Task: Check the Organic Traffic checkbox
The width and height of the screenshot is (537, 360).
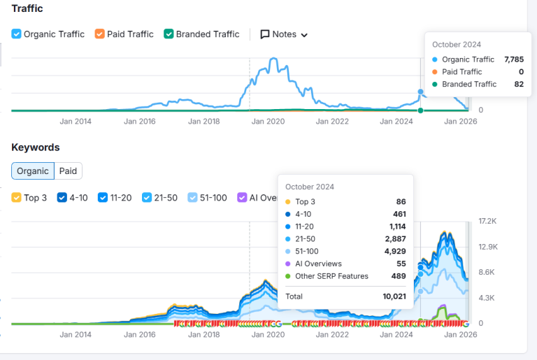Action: point(17,34)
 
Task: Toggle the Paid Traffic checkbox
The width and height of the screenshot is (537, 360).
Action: point(100,34)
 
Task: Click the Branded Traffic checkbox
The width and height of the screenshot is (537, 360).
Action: point(169,34)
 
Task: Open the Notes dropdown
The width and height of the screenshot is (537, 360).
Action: point(284,34)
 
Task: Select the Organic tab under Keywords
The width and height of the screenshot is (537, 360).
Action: point(33,171)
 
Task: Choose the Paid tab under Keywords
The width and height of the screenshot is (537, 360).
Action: point(68,171)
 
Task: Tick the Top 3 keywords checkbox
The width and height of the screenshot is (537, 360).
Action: point(17,198)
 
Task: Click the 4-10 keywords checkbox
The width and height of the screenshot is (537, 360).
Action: point(62,198)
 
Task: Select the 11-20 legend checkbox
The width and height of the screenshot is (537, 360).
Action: point(103,198)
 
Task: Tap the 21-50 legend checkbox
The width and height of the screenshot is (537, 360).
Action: point(147,198)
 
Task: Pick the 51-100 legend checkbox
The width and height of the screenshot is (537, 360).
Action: point(193,198)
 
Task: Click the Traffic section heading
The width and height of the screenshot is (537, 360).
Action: point(27,8)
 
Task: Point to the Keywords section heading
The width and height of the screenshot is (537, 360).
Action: point(35,147)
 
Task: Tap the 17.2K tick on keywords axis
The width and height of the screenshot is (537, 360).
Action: point(487,221)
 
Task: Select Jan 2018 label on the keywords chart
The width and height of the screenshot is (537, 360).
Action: point(203,334)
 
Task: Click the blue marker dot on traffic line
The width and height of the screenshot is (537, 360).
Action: point(420,92)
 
